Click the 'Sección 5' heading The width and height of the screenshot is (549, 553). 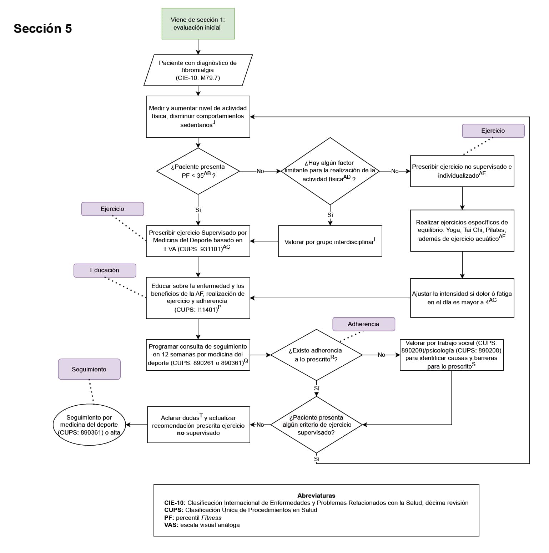point(42,29)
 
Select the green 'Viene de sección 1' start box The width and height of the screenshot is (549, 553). point(198,24)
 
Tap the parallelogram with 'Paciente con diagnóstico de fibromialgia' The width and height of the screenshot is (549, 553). point(198,70)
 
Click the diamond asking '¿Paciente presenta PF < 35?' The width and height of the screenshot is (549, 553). point(198,171)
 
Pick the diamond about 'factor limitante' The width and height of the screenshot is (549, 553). point(330,171)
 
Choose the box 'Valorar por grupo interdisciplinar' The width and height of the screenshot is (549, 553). point(330,241)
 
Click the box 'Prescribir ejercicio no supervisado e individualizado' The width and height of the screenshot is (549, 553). point(462,171)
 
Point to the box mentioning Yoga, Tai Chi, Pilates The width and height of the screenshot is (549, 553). point(462,230)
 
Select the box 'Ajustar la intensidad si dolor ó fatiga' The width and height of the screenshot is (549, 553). point(462,298)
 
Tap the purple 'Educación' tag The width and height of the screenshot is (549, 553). point(105,270)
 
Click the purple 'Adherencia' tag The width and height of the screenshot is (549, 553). point(363,324)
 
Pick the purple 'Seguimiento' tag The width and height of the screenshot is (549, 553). point(89,369)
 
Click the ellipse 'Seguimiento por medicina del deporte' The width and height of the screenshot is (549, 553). point(89,425)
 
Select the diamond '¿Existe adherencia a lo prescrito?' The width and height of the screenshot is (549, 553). point(316,355)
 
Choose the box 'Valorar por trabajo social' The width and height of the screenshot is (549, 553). point(451,355)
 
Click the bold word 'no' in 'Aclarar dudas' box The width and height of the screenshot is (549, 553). point(181,433)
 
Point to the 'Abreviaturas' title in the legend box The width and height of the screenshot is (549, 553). point(316,496)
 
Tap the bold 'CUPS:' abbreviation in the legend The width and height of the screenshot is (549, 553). point(174,510)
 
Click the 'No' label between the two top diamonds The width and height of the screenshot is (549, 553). point(260,171)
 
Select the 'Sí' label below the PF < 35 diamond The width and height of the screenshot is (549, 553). point(198,210)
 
